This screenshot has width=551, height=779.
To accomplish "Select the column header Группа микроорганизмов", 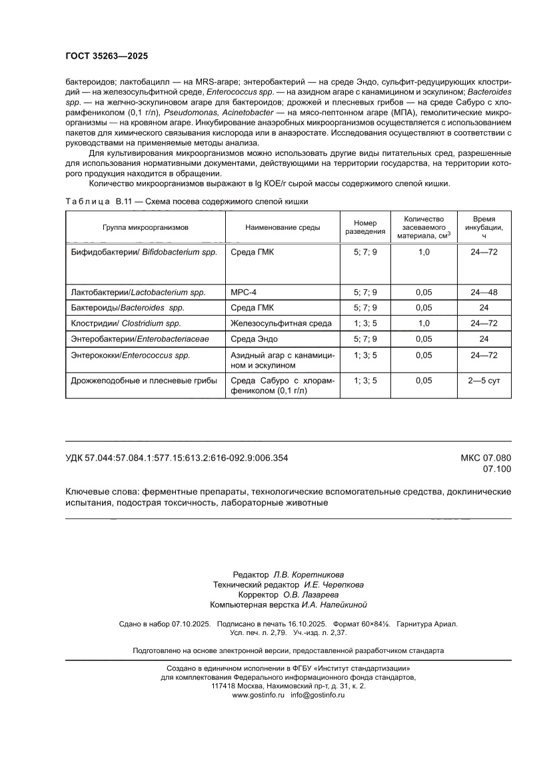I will (x=145, y=227).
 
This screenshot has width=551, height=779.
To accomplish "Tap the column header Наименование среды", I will (x=282, y=227).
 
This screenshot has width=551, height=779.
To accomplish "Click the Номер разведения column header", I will (x=365, y=227).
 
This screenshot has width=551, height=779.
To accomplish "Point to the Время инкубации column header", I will (x=484, y=227).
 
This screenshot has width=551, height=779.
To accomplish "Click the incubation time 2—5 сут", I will (x=484, y=381).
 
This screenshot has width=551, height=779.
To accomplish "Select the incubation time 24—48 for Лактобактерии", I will (x=484, y=293).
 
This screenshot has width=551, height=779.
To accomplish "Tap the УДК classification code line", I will (x=177, y=458).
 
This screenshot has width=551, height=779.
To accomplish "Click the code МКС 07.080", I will (x=486, y=458).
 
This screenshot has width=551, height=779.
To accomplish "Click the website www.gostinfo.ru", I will (x=259, y=695).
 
